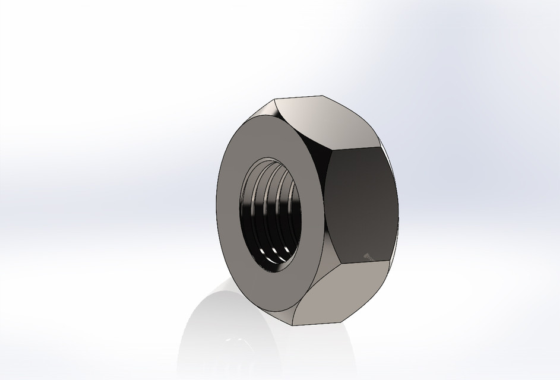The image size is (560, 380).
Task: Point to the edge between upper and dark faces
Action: [356, 147]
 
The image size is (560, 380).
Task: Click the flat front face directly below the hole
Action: [273, 297]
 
